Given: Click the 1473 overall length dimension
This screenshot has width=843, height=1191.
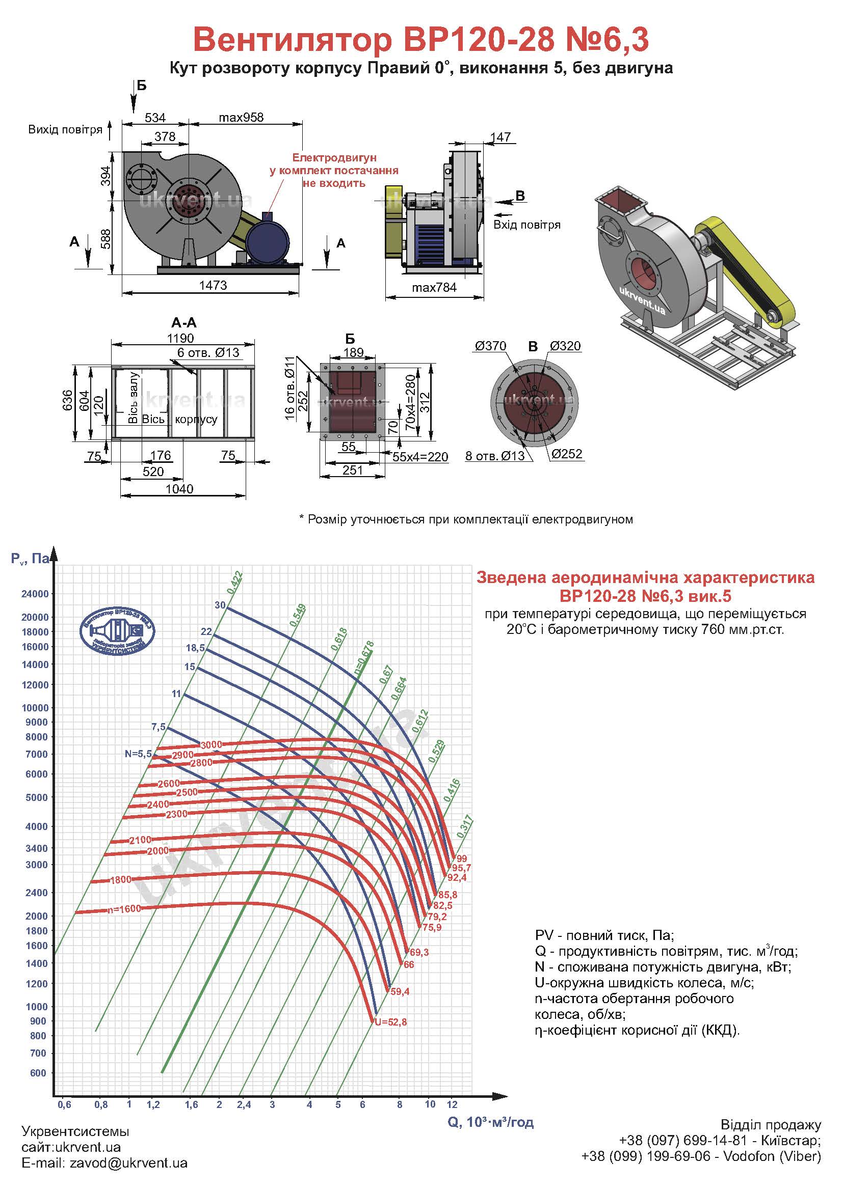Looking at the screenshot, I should [213, 285].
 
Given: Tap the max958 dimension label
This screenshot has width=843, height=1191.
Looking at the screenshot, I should [241, 118].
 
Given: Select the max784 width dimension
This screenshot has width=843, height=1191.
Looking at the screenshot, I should [434, 287].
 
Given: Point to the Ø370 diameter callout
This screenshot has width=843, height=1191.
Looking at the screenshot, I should [490, 346].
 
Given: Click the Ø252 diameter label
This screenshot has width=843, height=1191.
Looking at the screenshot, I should [567, 454].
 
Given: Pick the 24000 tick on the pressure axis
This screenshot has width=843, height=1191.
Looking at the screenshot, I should [35, 594].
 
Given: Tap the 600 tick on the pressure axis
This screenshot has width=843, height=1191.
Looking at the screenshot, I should [38, 1073].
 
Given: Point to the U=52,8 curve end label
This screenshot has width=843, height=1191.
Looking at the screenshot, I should [390, 1022].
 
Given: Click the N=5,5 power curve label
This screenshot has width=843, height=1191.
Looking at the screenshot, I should [138, 754].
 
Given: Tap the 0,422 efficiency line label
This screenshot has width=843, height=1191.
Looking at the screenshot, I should [234, 582].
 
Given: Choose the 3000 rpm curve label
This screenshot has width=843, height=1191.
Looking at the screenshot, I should [212, 745].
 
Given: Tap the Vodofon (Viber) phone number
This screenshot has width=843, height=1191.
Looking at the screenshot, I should [701, 1171].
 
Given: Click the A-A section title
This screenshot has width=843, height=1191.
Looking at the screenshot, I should [184, 323].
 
